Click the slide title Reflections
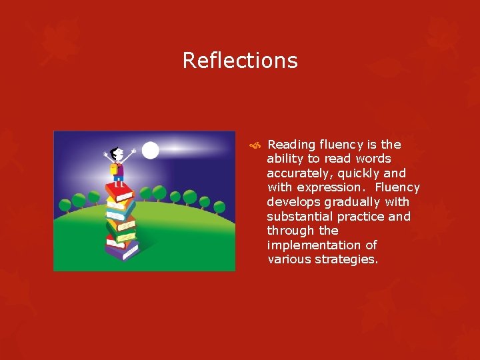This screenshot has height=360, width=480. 240,61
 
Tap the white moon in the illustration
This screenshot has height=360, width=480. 151,151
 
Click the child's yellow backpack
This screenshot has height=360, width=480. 115,169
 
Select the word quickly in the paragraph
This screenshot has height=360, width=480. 357,173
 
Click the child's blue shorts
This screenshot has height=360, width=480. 119,179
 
